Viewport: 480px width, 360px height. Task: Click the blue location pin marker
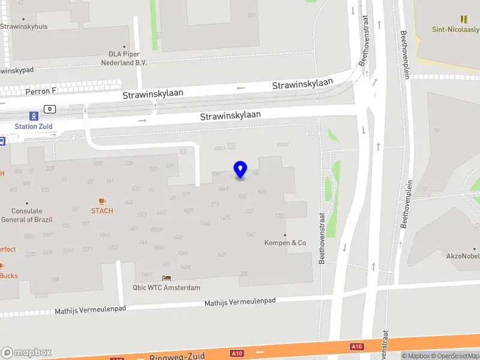(240, 169)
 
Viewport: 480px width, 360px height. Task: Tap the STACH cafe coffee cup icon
(101, 201)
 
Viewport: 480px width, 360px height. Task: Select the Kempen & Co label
(285, 243)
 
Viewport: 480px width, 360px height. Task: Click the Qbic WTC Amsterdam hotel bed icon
(166, 278)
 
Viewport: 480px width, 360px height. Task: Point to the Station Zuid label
(34, 126)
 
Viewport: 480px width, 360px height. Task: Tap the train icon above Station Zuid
(34, 116)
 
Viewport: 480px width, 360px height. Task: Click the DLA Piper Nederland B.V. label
(124, 58)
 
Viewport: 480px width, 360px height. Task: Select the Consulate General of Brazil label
(27, 215)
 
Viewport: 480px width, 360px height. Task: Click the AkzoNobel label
(463, 256)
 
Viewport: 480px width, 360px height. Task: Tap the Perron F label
(40, 91)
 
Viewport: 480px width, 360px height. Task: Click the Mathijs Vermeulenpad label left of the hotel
(90, 310)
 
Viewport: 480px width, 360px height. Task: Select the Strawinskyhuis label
(24, 26)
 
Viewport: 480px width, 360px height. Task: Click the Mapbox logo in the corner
(26, 352)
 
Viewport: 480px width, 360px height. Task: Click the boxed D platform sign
(50, 109)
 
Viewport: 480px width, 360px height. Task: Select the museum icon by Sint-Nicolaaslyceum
(463, 19)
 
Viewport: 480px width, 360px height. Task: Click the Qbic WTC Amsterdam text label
(166, 287)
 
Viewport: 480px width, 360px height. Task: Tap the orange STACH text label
(102, 211)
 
